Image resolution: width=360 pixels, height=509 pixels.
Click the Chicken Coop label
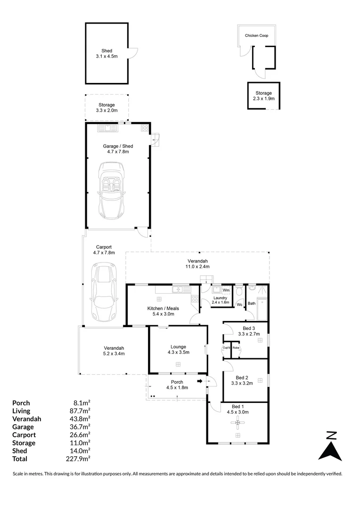[x=256, y=35]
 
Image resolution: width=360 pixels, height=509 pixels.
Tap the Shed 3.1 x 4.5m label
[x=107, y=53]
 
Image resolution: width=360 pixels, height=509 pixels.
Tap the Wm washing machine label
[x=226, y=290]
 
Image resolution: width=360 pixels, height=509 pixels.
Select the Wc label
[x=239, y=304]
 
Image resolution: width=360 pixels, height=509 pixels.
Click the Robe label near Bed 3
[x=236, y=348]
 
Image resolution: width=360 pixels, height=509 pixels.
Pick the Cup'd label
[x=226, y=348]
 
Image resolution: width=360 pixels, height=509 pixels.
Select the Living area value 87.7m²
[x=80, y=411]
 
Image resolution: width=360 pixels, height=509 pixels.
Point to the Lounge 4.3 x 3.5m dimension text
[x=178, y=352]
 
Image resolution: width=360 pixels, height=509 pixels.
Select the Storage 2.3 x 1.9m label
[x=263, y=96]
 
